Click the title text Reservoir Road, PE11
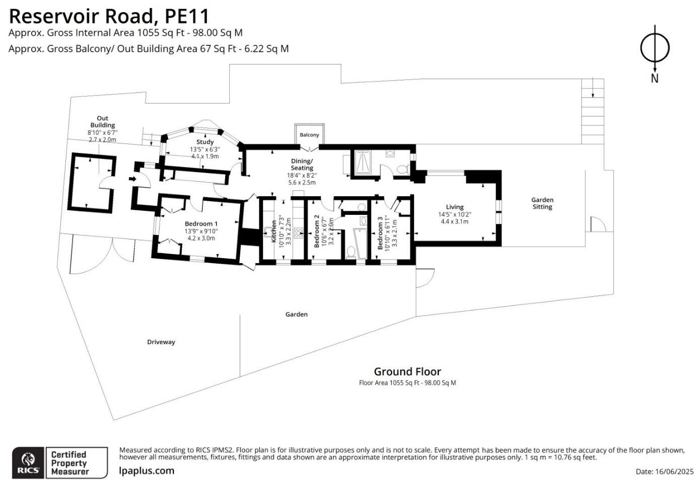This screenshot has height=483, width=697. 109,16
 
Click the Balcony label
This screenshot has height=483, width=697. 309,135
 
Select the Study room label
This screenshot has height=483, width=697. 205,142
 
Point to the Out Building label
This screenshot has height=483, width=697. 103,122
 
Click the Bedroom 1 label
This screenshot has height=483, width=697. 201,224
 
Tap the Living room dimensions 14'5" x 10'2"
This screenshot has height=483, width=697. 454,214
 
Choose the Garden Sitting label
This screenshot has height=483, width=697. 542,203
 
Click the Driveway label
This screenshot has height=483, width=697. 161,342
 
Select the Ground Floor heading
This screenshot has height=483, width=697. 407,372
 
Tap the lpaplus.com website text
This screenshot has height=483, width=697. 147,471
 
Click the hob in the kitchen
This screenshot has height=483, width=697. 298,232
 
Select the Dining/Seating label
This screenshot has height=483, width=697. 302,165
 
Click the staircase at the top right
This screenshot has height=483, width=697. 593,111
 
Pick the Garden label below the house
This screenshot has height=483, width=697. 296,314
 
